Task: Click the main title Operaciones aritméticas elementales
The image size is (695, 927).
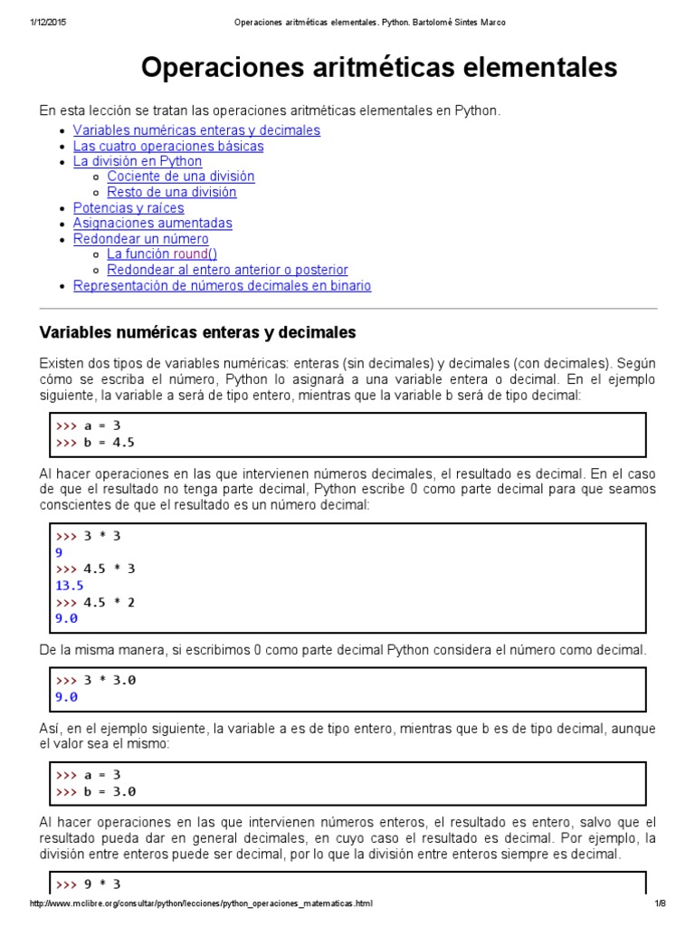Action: (379, 67)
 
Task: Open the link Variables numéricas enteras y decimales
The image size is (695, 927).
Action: (196, 130)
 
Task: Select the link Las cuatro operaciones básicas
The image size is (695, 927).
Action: (168, 146)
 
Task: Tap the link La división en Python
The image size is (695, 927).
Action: (138, 161)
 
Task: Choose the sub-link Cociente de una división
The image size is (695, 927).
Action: (180, 177)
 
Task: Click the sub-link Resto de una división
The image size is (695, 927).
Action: (171, 192)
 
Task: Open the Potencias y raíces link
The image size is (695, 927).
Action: (129, 207)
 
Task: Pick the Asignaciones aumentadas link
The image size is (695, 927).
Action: (152, 223)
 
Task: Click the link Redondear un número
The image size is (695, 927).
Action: (140, 239)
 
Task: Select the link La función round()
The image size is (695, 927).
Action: (162, 254)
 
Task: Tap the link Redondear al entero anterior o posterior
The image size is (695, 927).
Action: (227, 270)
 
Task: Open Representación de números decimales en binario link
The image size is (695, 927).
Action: (222, 286)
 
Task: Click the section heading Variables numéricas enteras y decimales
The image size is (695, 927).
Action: (197, 332)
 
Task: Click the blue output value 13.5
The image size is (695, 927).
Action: (70, 586)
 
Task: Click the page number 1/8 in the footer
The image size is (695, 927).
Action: (660, 904)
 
